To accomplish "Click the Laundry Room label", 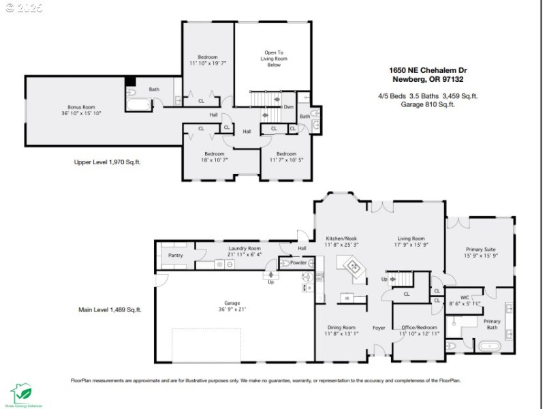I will tap(245, 249).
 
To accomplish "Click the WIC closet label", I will tap(465, 297).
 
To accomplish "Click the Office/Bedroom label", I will tap(420, 328).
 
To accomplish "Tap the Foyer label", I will tap(379, 328).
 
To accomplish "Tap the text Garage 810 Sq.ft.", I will tap(427, 104).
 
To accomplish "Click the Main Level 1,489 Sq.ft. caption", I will tap(110, 309).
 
